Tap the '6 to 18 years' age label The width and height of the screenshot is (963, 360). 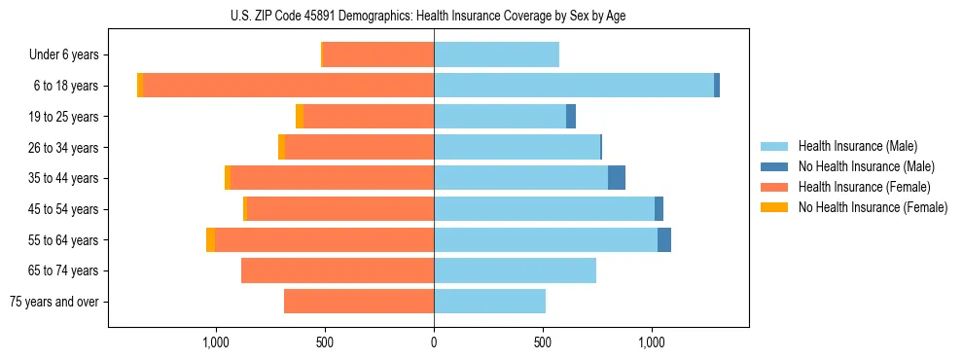coord(65,86)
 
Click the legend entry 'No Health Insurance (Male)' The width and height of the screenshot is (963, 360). coord(866,166)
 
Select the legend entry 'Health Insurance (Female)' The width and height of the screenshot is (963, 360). coord(864,187)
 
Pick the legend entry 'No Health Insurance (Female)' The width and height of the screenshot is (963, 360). coord(873,207)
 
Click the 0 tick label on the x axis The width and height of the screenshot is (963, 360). coord(434,342)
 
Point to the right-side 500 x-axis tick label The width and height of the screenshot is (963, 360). coord(543,342)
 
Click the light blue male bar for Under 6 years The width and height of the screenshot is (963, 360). coord(496,54)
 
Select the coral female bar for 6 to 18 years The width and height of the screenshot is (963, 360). coord(288,86)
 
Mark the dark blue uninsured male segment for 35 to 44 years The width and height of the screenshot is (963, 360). coord(617,178)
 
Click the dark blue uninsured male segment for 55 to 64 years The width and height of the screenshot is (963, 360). coord(664,239)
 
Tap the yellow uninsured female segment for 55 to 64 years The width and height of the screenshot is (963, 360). coord(210,239)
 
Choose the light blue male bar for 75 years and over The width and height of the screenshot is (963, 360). coord(489,302)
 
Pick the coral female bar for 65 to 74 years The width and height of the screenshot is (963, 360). coord(338,270)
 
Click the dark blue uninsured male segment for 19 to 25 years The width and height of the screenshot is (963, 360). coord(571,117)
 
